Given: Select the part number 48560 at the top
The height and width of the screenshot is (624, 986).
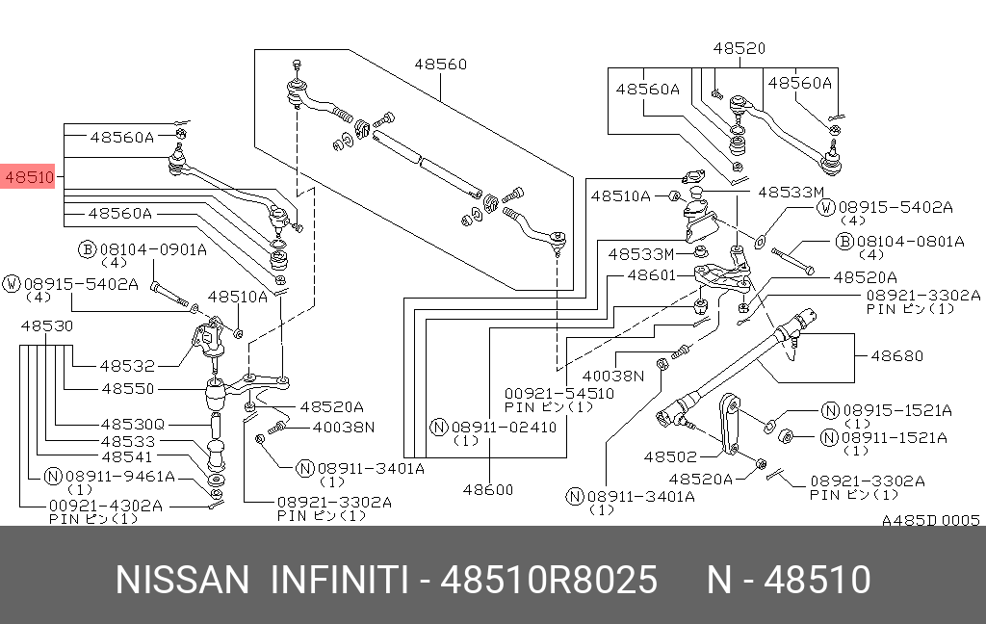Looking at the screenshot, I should [x=440, y=65].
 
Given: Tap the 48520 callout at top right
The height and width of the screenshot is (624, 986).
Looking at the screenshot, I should [x=739, y=47].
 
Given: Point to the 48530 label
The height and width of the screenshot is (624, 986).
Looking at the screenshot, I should [x=47, y=326].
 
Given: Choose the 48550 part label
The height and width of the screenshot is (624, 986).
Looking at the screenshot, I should [x=127, y=388].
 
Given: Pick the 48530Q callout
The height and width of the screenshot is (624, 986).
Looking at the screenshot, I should [x=133, y=424].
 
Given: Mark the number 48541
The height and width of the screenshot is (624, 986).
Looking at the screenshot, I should [x=127, y=457].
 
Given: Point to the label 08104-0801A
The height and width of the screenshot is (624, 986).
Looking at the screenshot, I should [x=909, y=242].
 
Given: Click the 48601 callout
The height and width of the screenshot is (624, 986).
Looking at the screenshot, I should [x=653, y=275].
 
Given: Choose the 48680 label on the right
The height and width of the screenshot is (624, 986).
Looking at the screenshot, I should [x=896, y=355].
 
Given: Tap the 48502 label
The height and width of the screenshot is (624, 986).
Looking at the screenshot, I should [x=669, y=456].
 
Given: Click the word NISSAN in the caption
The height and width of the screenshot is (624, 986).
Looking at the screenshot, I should [x=182, y=581].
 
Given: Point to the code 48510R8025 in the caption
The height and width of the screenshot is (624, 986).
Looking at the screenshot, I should [x=549, y=581].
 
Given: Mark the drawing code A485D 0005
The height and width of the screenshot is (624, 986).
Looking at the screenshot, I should [x=930, y=520].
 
